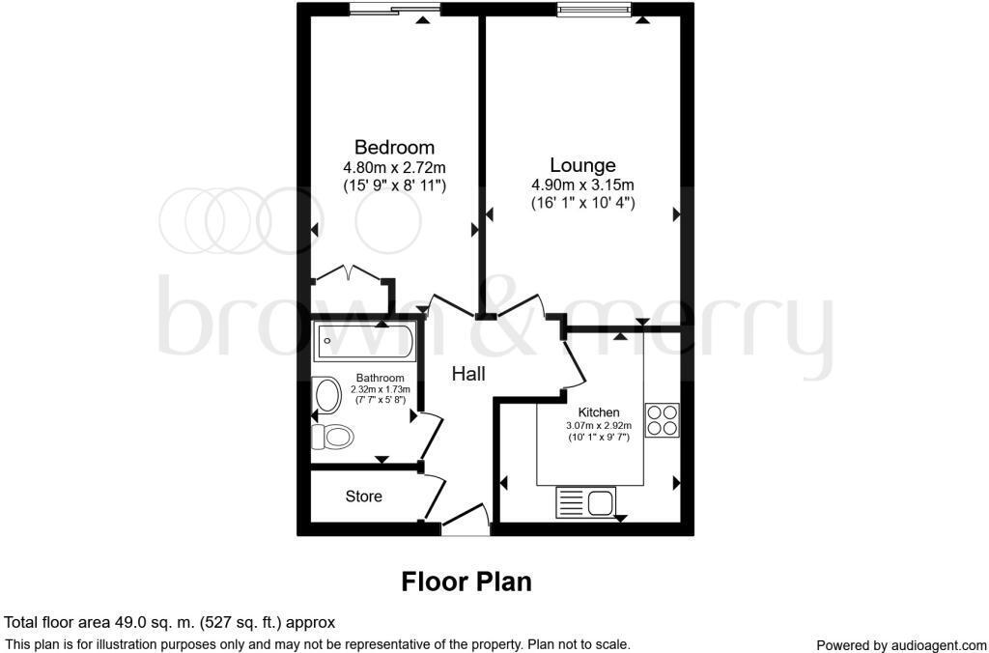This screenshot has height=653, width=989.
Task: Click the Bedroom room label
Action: (x=394, y=148)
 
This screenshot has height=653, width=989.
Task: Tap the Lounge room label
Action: (x=582, y=165)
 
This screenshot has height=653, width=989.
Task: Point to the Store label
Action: (x=364, y=497)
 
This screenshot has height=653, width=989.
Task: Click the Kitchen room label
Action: (x=599, y=412)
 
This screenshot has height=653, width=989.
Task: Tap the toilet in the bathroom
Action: (x=332, y=437)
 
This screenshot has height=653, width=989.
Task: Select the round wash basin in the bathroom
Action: (x=329, y=395)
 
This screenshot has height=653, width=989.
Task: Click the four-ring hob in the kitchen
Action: (x=662, y=420)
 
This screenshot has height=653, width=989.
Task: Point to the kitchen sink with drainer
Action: (x=585, y=502)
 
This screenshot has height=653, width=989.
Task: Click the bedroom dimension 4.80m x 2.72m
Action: (x=394, y=166)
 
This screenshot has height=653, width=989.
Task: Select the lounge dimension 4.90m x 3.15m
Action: (x=582, y=185)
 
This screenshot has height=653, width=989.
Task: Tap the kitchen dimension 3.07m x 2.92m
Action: (x=599, y=425)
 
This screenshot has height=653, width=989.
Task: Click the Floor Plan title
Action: (x=466, y=582)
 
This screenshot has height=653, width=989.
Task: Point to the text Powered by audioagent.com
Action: (x=900, y=644)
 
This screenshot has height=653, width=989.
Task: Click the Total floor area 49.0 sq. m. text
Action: (x=170, y=623)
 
